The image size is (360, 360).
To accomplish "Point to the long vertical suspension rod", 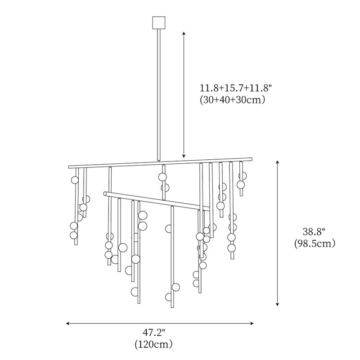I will tap(159, 90).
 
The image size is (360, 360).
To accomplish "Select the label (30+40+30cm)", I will tap(231, 99).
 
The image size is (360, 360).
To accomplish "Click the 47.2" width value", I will tap(154, 333).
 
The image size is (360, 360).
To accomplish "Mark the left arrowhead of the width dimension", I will tap(68, 323).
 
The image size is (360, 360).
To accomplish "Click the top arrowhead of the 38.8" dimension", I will tap(278, 162).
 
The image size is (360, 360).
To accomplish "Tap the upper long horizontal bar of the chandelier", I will tap(117, 165).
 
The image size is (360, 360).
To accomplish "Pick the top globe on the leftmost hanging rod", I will tap(75, 180).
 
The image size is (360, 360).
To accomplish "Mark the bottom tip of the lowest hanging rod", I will tap(172, 308).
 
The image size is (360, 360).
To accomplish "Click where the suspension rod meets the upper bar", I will tap(159, 160).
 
